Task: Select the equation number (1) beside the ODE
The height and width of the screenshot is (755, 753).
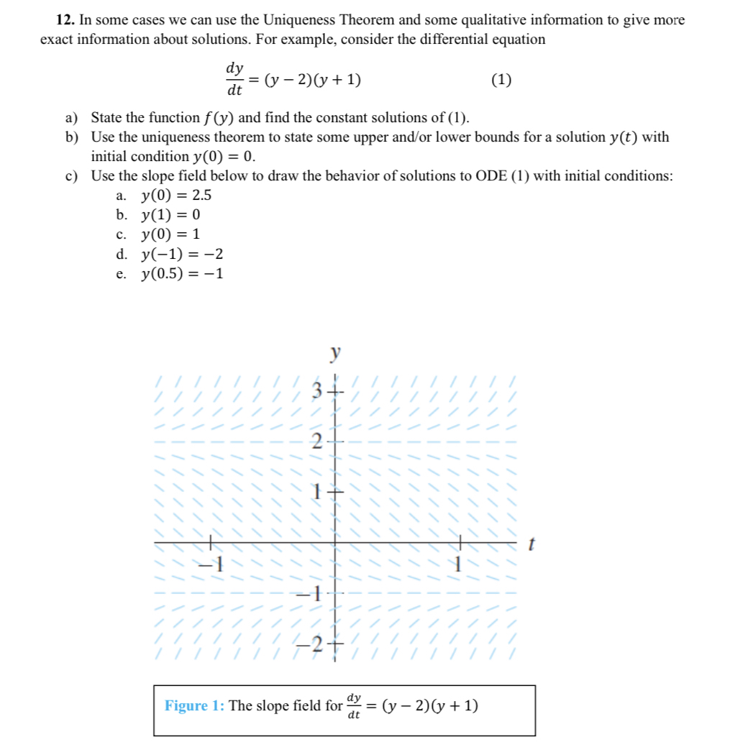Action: [501, 80]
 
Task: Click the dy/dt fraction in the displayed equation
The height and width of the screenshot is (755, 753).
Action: [234, 80]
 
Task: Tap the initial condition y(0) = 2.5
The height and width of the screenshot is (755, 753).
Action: [176, 195]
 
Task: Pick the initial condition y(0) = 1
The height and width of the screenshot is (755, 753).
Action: [170, 234]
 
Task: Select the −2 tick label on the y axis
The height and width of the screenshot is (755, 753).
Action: [312, 642]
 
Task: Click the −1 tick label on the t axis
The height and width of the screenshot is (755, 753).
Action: [214, 564]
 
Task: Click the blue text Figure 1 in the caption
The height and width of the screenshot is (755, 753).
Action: [194, 705]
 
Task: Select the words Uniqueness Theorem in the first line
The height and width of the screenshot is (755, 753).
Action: [346, 20]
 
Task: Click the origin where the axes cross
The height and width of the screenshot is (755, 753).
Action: [334, 542]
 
